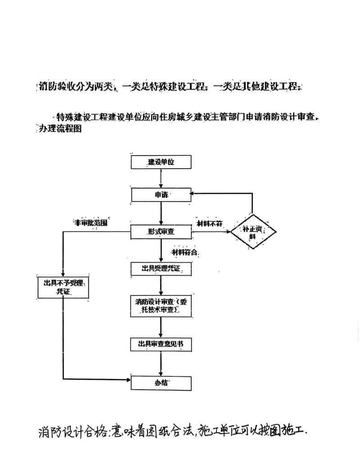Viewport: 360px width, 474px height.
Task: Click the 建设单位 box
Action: click(x=161, y=162)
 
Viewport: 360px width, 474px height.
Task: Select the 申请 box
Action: click(x=161, y=195)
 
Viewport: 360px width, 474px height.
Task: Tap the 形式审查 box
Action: click(x=161, y=232)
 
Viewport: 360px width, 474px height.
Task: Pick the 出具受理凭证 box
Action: click(x=161, y=268)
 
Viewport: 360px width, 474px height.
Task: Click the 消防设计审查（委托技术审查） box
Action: click(x=161, y=305)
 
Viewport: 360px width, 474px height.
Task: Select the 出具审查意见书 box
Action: click(x=161, y=344)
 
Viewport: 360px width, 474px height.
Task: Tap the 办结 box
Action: click(x=161, y=382)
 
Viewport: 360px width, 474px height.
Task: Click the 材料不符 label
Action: click(x=210, y=224)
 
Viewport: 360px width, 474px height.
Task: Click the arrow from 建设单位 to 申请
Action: click(x=161, y=178)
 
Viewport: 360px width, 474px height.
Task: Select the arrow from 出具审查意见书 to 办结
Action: click(x=161, y=363)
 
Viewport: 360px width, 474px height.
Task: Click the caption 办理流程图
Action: click(x=58, y=128)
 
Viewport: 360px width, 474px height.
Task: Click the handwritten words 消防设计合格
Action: click(x=72, y=432)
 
